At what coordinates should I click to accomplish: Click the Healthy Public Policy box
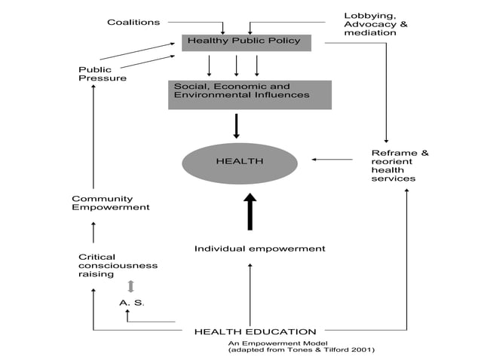point(246,41)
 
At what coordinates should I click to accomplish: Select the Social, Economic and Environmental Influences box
point(249,94)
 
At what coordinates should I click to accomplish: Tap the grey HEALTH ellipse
point(239,160)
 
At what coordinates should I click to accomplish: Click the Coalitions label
point(133,22)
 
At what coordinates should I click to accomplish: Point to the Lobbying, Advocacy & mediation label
point(375,24)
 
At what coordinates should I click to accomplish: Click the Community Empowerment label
point(111,203)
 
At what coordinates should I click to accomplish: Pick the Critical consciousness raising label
point(118,265)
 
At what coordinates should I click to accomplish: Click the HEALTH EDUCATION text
point(255,331)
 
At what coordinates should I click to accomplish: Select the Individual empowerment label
point(259,248)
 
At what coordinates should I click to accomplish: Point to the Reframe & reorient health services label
point(400,166)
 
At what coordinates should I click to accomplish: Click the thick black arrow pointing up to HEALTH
point(250,212)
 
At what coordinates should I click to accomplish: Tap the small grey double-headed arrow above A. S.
point(131,286)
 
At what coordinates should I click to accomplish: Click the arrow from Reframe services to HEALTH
point(332,159)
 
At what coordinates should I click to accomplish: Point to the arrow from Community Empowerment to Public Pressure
point(93,136)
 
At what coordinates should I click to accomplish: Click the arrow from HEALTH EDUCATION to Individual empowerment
point(250,294)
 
